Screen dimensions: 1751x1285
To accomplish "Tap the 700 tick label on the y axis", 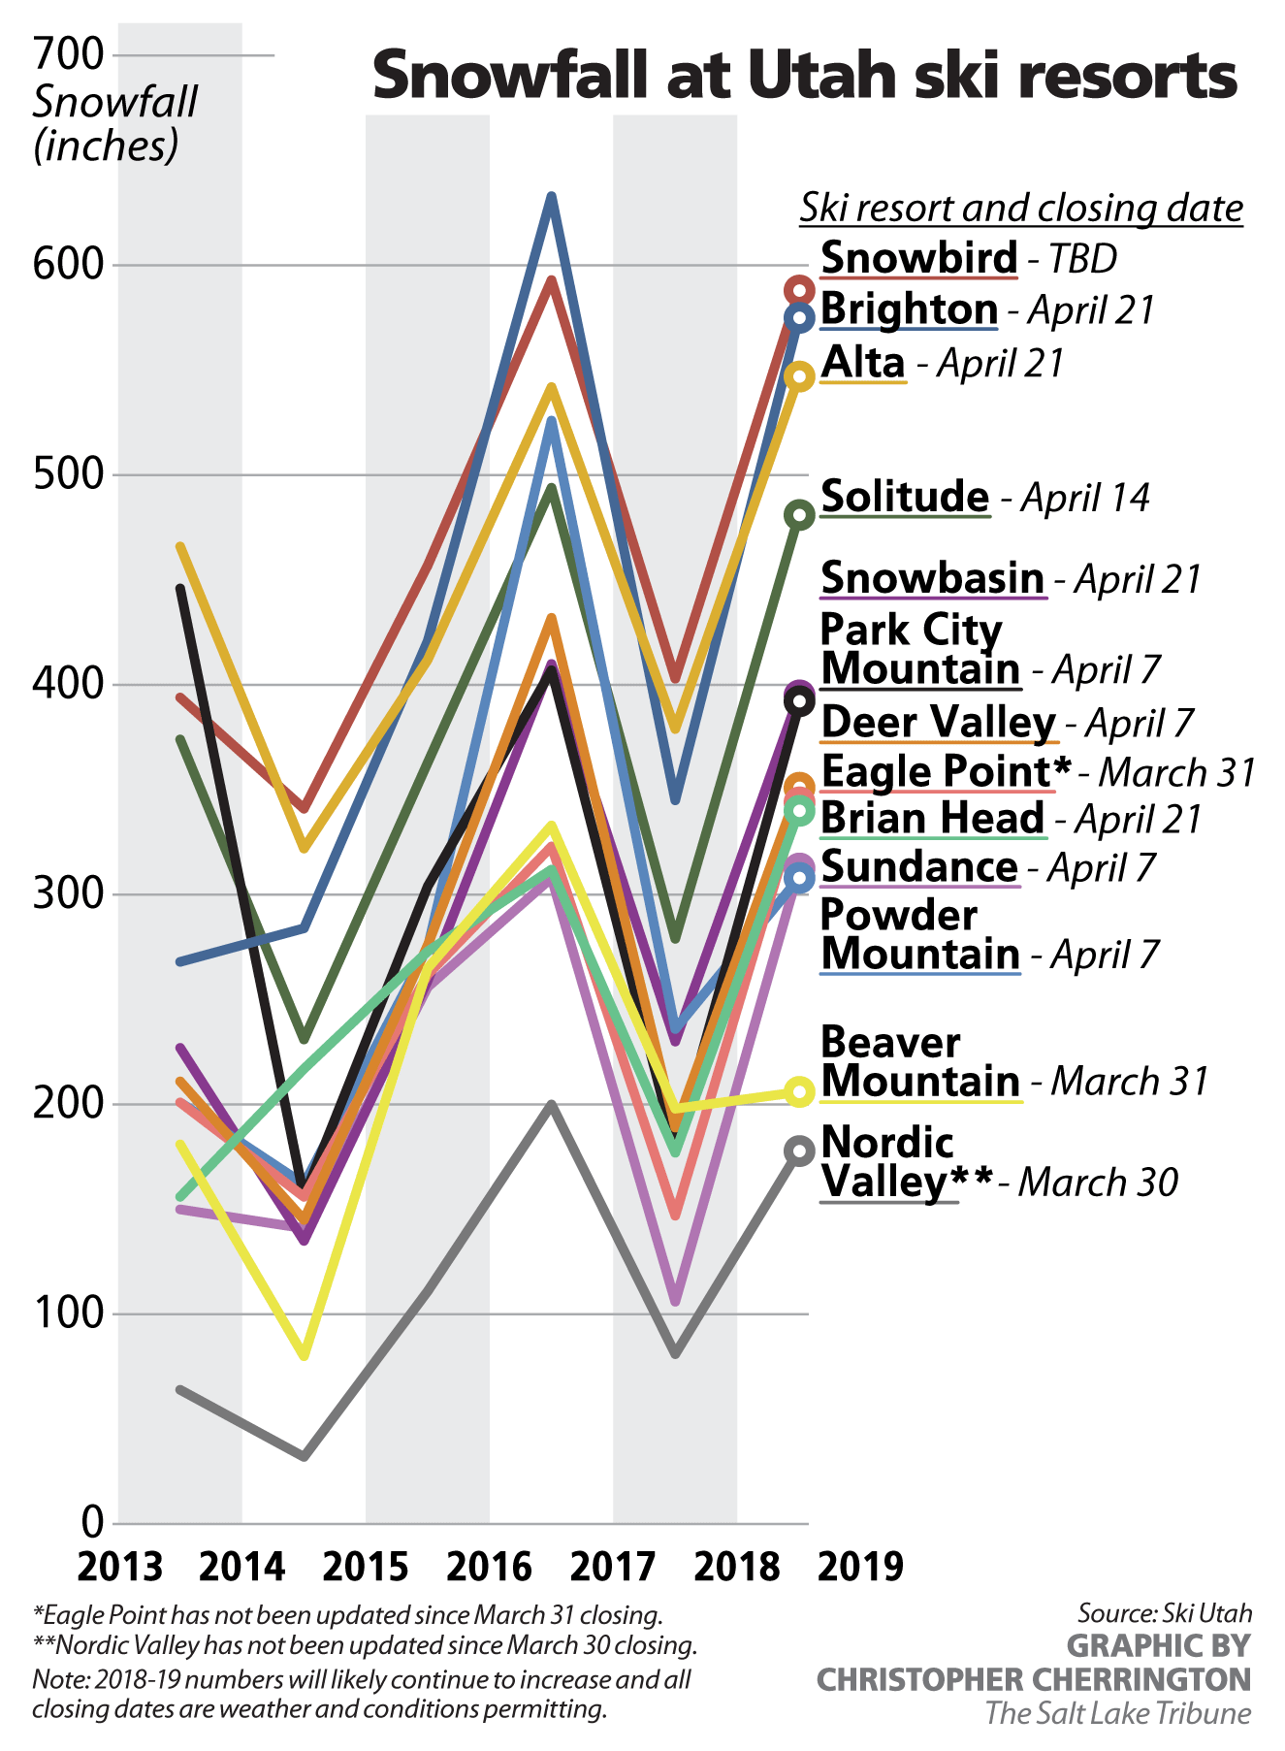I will point(68,54).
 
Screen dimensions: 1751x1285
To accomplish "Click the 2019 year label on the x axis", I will point(860,1566).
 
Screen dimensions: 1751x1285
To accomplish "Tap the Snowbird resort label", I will point(918,258).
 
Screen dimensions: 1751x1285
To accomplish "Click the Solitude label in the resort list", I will point(904,497).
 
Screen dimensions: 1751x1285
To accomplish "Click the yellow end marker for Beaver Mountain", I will point(799,1092).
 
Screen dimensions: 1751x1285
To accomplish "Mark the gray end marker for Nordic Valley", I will point(799,1151).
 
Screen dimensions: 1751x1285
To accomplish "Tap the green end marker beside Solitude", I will point(799,515).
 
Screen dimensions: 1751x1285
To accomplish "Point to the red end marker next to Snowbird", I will point(799,289).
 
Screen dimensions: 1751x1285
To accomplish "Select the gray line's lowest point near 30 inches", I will point(305,1456).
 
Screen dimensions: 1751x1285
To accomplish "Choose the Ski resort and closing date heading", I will point(1020,208).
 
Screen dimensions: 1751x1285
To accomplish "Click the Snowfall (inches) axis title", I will point(114,123).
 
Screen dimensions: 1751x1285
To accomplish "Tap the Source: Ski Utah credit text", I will point(1164,1613).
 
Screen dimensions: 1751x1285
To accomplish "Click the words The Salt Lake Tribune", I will point(1117,1713).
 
